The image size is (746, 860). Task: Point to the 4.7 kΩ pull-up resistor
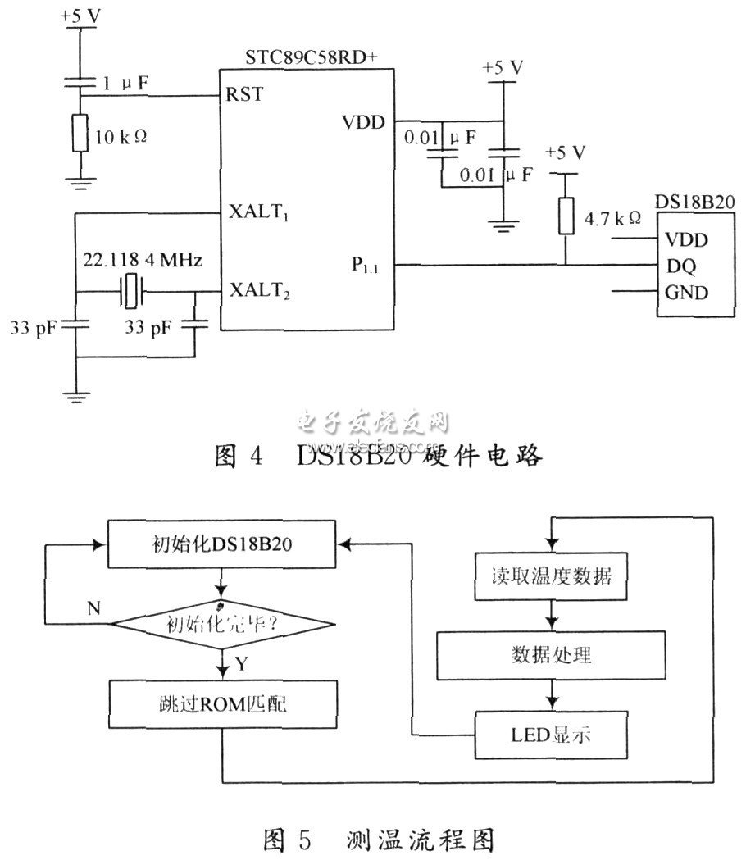tap(563, 215)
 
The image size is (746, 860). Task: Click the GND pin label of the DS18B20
tap(685, 292)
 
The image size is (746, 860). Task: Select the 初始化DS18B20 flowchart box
tap(221, 544)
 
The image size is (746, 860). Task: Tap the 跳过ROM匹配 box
tap(221, 703)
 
